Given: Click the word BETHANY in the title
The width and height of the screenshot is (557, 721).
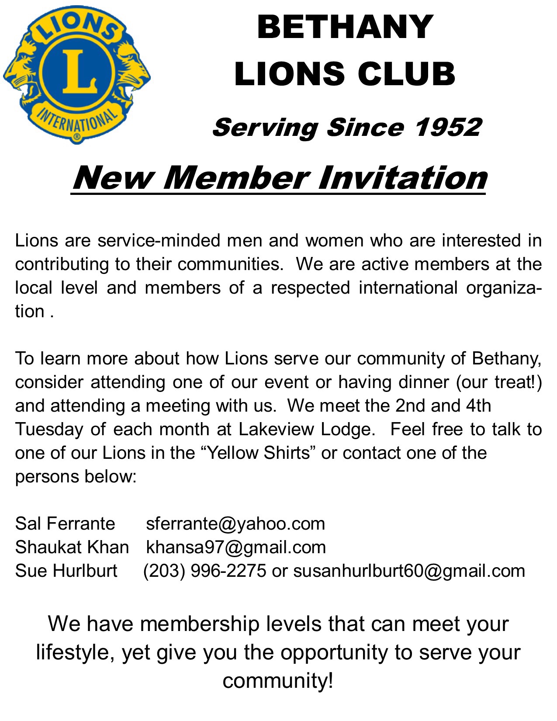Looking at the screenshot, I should click(x=345, y=27).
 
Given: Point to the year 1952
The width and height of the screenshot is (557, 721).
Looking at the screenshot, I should click(x=448, y=127).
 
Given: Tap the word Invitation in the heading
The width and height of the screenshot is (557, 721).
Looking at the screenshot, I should click(x=402, y=178).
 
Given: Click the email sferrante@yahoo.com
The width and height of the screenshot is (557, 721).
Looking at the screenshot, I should click(x=235, y=523).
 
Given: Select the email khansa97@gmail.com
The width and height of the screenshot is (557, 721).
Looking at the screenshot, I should click(x=236, y=547).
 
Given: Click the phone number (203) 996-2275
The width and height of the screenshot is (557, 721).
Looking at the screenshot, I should click(x=204, y=571).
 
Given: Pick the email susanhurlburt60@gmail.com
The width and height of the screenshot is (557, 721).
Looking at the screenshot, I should click(x=409, y=571).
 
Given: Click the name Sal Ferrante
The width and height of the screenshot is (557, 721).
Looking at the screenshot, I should click(x=65, y=523).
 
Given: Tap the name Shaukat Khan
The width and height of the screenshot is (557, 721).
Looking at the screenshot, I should click(x=72, y=547).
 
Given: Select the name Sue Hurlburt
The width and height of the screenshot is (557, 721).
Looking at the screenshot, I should click(x=66, y=571).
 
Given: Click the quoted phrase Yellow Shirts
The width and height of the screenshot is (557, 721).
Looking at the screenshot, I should click(x=259, y=453).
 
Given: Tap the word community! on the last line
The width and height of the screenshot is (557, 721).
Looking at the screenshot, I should click(x=278, y=681).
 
